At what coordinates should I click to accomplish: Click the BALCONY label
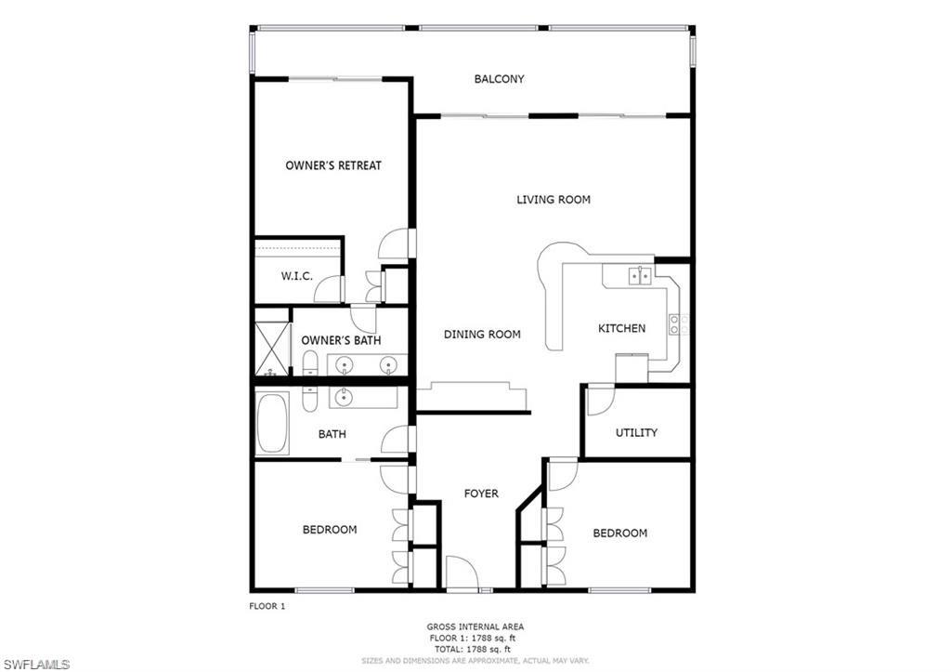(499, 79)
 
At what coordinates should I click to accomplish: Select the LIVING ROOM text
(554, 200)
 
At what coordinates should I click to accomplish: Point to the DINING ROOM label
(482, 335)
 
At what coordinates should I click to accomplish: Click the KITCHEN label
(621, 328)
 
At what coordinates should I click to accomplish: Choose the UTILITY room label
(636, 432)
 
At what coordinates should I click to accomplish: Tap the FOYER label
(481, 494)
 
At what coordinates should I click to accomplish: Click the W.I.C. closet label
(296, 277)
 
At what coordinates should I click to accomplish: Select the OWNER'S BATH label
(341, 340)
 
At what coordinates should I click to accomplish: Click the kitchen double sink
(639, 275)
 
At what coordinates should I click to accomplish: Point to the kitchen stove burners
(679, 324)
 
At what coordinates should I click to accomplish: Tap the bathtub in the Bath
(273, 423)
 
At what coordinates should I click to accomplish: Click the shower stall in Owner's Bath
(272, 349)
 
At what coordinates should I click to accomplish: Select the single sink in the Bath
(344, 398)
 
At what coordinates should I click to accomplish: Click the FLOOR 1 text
(267, 606)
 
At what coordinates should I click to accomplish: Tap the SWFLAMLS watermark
(35, 664)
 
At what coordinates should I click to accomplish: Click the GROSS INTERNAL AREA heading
(475, 627)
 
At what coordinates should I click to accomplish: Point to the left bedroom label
(329, 530)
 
